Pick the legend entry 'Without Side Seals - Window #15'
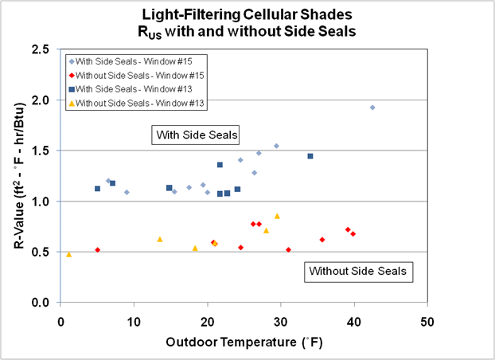[x=142, y=74]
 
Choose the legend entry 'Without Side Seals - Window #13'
[x=142, y=101]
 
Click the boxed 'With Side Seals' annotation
[x=196, y=135]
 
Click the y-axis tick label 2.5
[x=45, y=49]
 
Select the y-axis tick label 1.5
[x=45, y=151]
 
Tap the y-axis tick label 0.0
[x=45, y=303]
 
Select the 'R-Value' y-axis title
[x=18, y=175]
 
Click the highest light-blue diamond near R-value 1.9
[x=372, y=108]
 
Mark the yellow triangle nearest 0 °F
[x=69, y=254]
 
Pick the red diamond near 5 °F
[x=97, y=250]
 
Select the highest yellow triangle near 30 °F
[x=277, y=216]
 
